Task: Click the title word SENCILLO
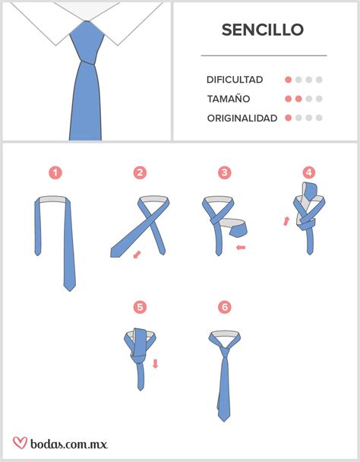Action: (x=262, y=30)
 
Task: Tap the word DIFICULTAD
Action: (x=235, y=80)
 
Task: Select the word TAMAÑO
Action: (x=228, y=99)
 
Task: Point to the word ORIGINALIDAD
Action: (x=242, y=118)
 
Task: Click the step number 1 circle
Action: (x=55, y=173)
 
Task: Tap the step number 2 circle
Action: (x=140, y=173)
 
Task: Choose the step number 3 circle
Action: (x=225, y=173)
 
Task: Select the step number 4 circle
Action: (x=309, y=173)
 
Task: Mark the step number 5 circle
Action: (x=140, y=307)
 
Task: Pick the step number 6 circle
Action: (x=224, y=307)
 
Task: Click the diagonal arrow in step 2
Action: (x=137, y=255)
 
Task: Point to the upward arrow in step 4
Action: (x=286, y=221)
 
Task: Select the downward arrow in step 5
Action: (x=155, y=363)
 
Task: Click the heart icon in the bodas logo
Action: (x=21, y=442)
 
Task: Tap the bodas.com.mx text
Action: (x=69, y=443)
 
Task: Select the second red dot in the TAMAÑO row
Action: (x=298, y=99)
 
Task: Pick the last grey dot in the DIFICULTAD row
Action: (x=320, y=80)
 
